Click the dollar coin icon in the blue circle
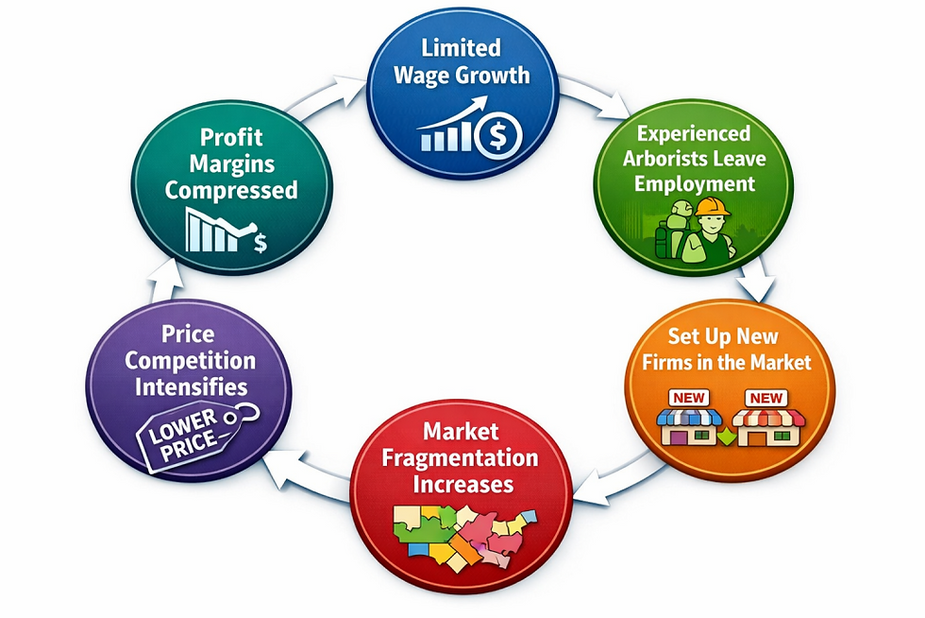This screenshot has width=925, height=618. click(498, 135)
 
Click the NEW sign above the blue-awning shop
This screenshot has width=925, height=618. click(688, 398)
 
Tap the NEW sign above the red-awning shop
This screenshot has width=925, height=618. click(765, 398)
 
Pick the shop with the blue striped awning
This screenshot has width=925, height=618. click(690, 426)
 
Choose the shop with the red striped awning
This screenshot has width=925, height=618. click(768, 426)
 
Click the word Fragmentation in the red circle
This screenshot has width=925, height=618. click(461, 458)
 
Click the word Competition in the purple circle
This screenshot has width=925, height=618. click(190, 360)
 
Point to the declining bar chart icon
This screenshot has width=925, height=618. click(226, 230)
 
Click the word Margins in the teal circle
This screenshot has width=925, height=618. click(232, 163)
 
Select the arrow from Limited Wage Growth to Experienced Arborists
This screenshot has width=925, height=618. click(595, 94)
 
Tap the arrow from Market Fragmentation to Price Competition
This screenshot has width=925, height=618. click(307, 471)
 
